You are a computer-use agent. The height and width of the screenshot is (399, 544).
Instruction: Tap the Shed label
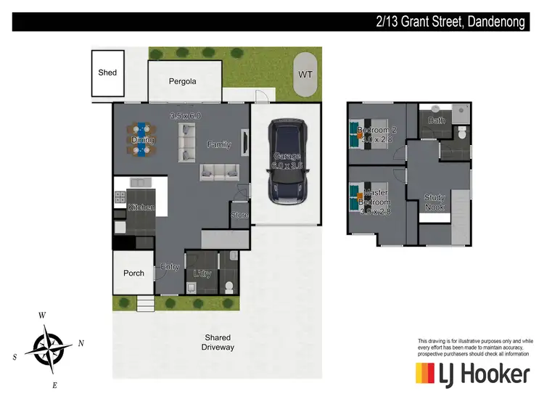tap(107, 73)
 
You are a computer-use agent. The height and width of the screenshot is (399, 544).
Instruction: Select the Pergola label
tap(183, 81)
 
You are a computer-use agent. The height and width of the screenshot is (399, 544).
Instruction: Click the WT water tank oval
tap(305, 75)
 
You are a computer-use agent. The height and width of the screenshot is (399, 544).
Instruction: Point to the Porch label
tap(133, 273)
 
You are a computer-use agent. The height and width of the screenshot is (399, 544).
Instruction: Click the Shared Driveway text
tap(218, 342)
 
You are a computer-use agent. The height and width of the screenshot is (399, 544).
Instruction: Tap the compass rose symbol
tap(49, 345)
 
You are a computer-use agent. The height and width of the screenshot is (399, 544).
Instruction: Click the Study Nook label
tap(434, 202)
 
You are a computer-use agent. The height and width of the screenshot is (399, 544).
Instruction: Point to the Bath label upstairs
tap(436, 120)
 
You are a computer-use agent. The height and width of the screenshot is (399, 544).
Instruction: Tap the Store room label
tap(239, 215)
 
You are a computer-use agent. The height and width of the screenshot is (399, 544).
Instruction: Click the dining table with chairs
tap(141, 139)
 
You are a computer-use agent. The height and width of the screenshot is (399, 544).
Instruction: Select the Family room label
tap(219, 144)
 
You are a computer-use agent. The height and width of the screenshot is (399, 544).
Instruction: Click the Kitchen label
tap(141, 207)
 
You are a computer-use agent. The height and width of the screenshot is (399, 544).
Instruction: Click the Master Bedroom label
tap(376, 197)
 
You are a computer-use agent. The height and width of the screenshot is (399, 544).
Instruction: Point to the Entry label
tap(170, 267)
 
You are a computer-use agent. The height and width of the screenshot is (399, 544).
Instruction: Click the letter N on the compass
tap(81, 343)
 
